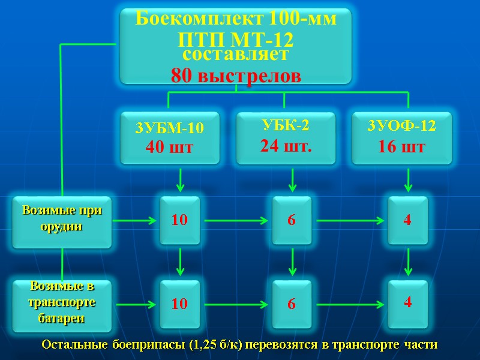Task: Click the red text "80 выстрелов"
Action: [236, 76]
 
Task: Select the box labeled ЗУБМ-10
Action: [170, 137]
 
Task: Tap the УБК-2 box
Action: [285, 137]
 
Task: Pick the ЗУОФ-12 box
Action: [401, 137]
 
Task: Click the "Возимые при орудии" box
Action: [62, 221]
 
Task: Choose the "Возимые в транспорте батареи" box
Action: [62, 305]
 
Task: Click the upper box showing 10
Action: [179, 220]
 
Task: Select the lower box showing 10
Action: [179, 304]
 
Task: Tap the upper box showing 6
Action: [292, 220]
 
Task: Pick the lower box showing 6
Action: [292, 304]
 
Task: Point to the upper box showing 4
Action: [407, 220]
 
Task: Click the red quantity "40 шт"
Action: [170, 146]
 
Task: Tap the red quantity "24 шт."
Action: [285, 145]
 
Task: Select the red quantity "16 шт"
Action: [401, 146]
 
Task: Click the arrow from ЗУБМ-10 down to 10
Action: [180, 180]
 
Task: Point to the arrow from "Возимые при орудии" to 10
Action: [135, 221]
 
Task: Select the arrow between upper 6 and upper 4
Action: [350, 221]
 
